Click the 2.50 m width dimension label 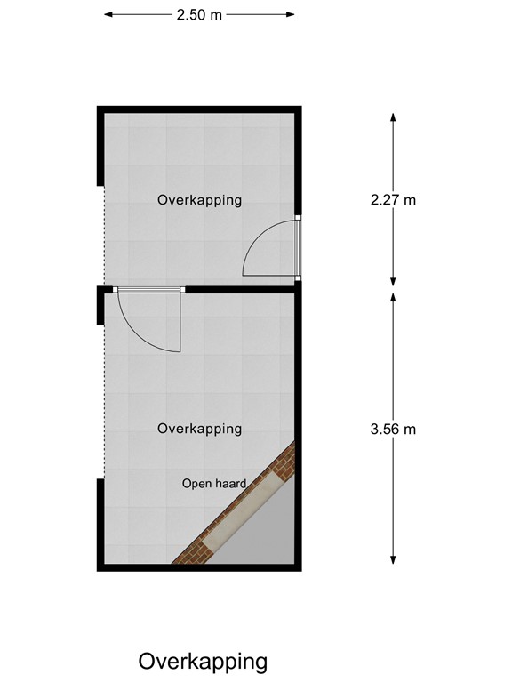click(x=200, y=15)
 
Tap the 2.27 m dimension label click(x=393, y=199)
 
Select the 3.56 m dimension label click(x=393, y=429)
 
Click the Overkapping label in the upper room click(x=199, y=200)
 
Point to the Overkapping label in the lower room click(x=199, y=429)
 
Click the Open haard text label click(x=213, y=484)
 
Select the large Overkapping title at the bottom click(x=203, y=662)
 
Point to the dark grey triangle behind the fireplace click(x=267, y=534)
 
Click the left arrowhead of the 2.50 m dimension click(x=108, y=15)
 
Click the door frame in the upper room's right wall click(x=299, y=248)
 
